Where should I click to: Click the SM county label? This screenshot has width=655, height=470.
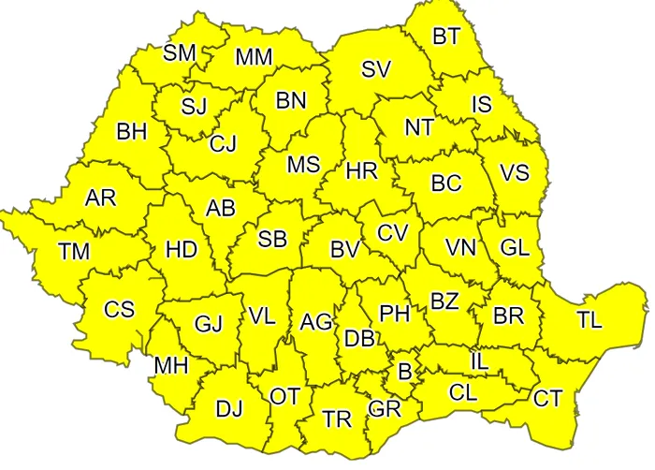point(179,52)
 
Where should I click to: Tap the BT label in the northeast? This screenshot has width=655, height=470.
point(446,37)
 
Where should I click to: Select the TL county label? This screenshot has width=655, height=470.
point(589,319)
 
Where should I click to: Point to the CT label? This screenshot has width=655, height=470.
point(548,399)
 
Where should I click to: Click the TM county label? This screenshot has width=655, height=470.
point(74,251)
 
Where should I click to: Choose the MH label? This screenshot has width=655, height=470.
point(171,364)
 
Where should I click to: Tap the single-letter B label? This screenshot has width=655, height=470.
point(405,371)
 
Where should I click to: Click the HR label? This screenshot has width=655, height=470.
point(361,171)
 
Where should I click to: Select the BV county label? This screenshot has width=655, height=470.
point(345,250)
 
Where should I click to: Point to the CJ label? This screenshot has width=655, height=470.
point(223,144)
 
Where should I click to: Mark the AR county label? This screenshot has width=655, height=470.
point(100,198)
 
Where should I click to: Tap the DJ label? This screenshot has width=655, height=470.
point(229,409)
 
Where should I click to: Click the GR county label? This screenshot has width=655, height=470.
point(385,409)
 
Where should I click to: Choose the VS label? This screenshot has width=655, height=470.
point(515,173)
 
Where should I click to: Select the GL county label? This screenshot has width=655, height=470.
point(515,248)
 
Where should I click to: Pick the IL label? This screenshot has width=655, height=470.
point(479,359)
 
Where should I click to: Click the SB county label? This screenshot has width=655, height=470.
point(272,239)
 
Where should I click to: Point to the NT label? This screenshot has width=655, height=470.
point(420,127)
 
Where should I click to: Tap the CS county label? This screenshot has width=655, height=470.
point(119,309)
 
